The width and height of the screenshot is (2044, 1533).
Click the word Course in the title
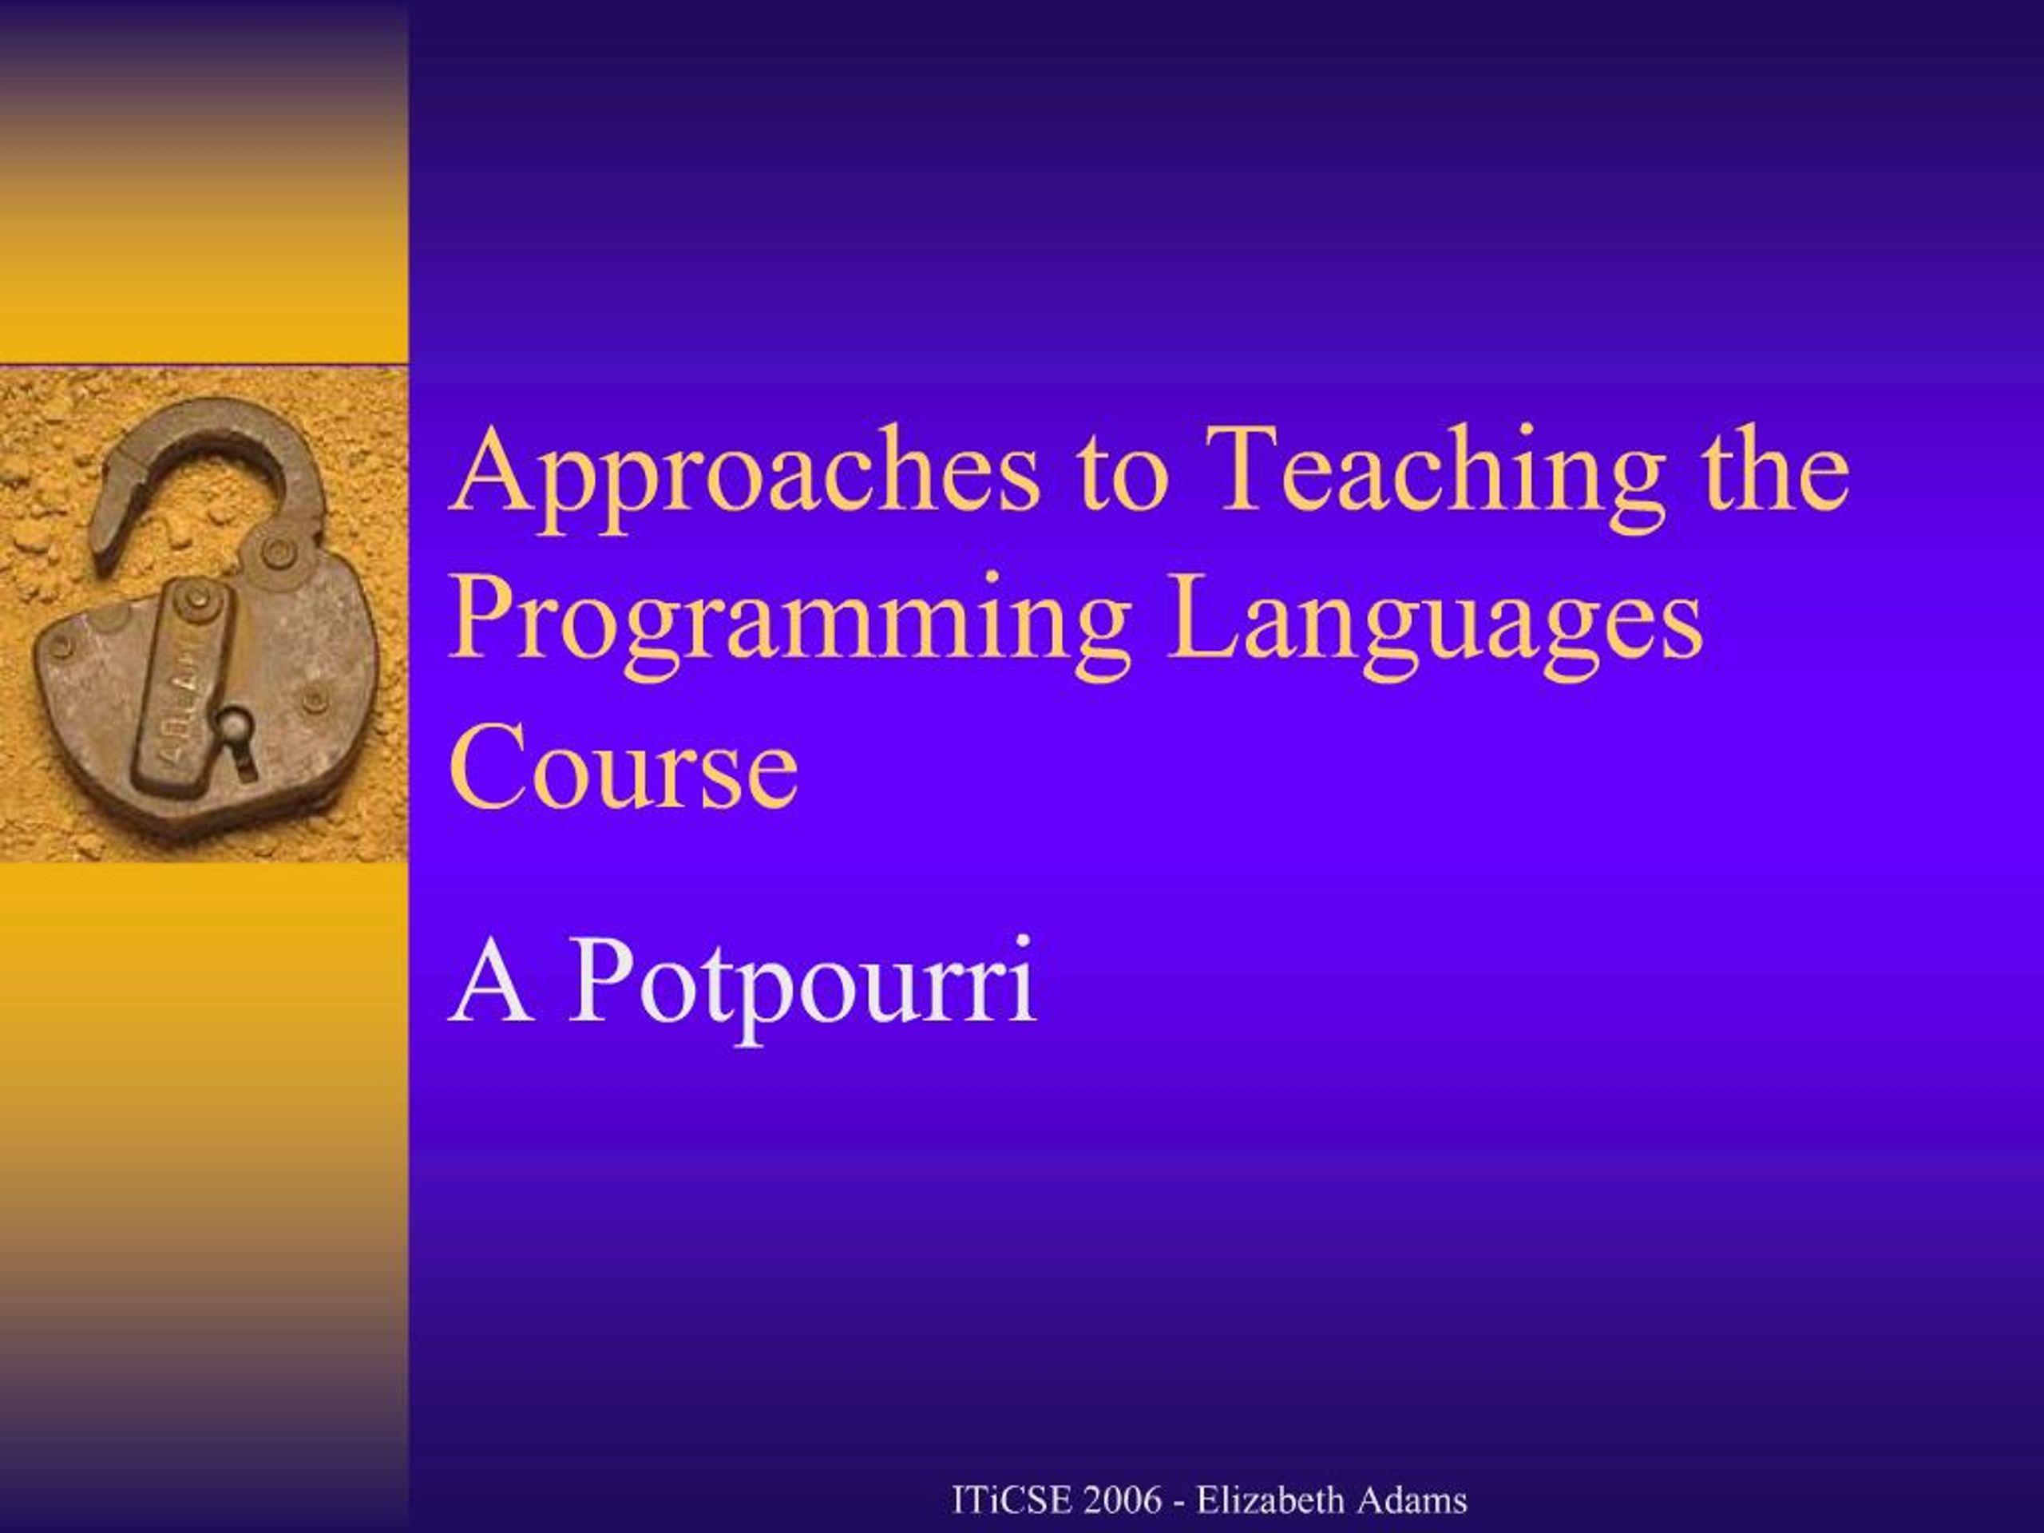[x=624, y=767]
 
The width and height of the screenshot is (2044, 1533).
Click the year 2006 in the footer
[x=1123, y=1499]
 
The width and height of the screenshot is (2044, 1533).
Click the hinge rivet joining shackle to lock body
[x=275, y=553]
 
